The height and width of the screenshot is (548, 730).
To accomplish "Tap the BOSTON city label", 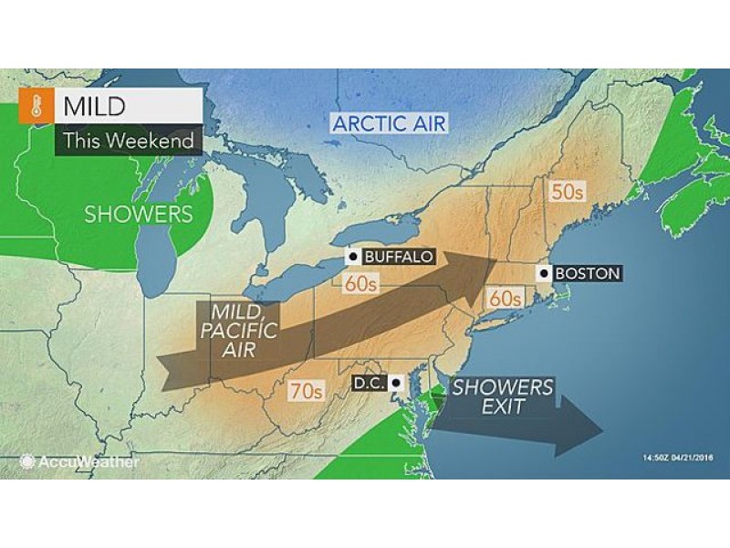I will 587,273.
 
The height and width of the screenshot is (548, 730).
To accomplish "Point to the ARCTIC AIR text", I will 390,122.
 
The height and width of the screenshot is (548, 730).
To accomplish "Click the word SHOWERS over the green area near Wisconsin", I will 139,215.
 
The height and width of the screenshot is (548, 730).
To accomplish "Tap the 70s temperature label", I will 306,392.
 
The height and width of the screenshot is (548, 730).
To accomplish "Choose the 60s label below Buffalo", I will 361,283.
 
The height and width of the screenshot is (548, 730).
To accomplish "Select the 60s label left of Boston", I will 503,298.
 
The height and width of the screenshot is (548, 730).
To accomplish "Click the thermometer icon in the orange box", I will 36,109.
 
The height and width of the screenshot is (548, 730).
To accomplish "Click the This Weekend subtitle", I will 128,142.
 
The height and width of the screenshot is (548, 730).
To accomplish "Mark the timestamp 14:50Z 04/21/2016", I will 664,457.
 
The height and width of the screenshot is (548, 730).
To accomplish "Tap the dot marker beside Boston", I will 545,273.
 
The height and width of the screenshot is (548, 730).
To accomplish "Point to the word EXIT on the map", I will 505,407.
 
